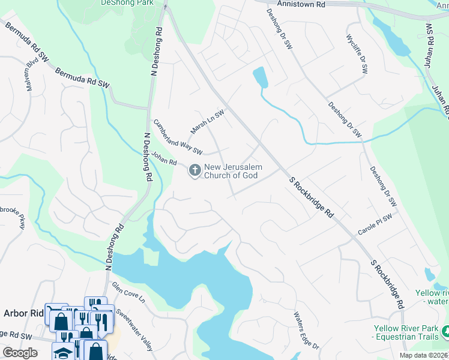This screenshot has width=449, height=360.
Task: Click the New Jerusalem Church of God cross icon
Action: [194, 171]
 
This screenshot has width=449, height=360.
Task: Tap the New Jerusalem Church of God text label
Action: [231, 171]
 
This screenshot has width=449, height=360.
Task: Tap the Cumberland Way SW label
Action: [177, 137]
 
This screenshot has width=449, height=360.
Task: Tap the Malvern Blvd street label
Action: [28, 75]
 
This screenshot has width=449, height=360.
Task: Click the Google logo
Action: [20, 353]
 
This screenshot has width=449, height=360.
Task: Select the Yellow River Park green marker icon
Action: [445, 331]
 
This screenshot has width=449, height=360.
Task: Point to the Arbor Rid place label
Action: [24, 313]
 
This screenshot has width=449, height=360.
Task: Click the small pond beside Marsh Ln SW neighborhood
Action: [260, 77]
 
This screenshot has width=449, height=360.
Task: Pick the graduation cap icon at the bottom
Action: [62, 351]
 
